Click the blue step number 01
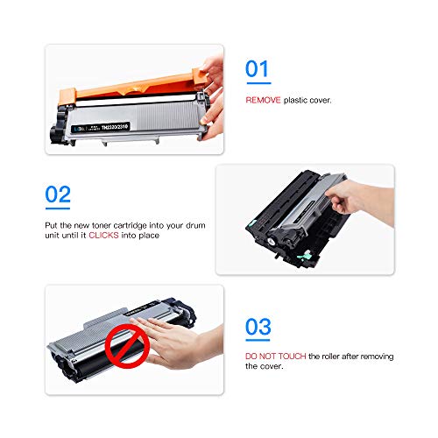pyautogui.click(x=258, y=70)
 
